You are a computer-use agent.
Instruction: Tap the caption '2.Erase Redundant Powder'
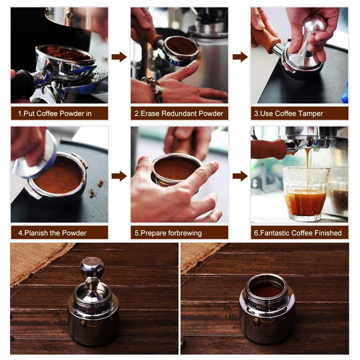(x=179, y=113)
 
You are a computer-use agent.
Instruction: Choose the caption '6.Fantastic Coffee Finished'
(x=299, y=233)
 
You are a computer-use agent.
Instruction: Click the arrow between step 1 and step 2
(x=119, y=57)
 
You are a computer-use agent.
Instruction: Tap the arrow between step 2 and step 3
(x=240, y=57)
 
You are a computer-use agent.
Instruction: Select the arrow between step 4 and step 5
(x=119, y=176)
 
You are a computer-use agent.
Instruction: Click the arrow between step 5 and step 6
(x=240, y=176)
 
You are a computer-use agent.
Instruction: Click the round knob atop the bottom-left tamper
(x=92, y=268)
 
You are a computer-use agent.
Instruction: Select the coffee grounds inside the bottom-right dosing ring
(x=267, y=290)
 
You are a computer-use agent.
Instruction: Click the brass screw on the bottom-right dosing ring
(x=256, y=321)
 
